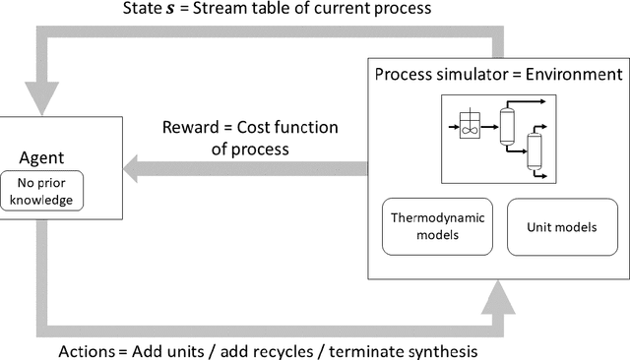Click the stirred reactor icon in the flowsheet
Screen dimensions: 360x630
(x=472, y=127)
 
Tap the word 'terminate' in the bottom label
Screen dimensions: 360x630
(x=379, y=350)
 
